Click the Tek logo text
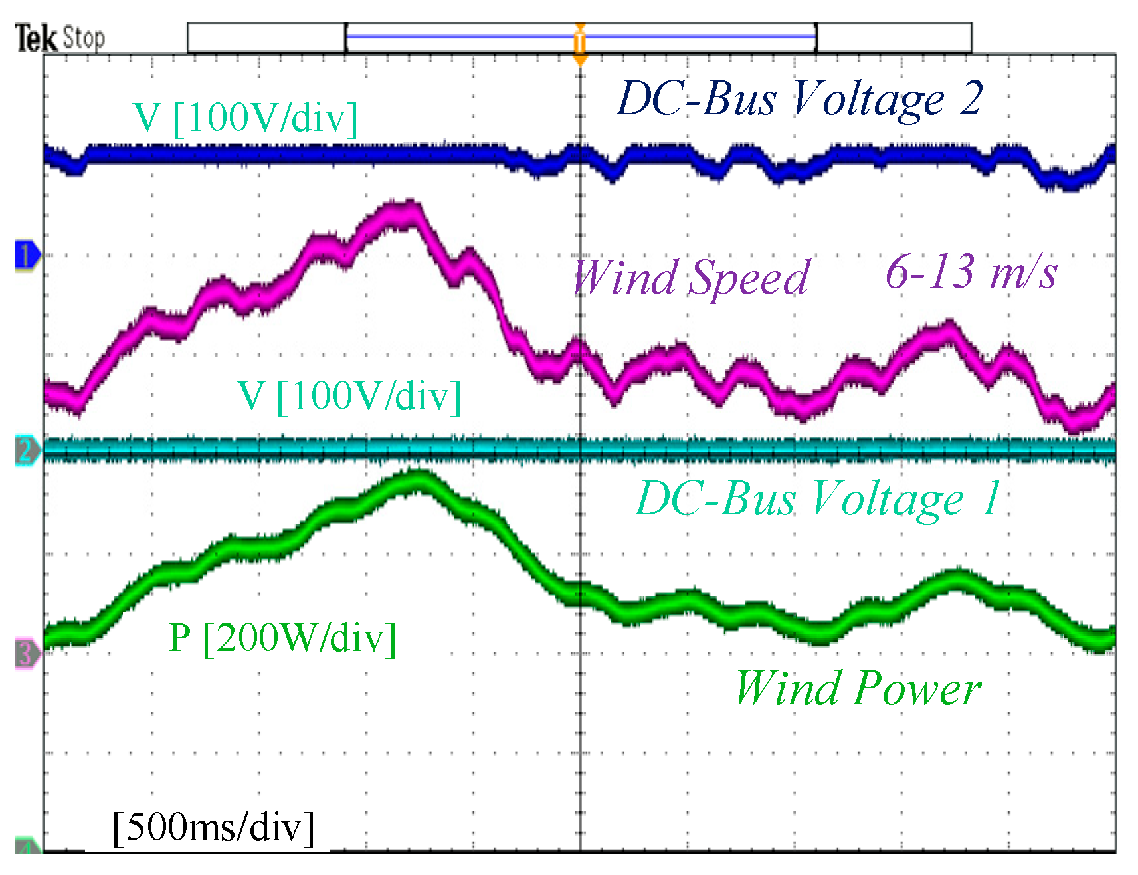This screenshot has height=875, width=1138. (x=36, y=38)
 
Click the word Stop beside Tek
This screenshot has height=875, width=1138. (x=83, y=38)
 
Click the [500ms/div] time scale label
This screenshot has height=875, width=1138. (x=213, y=828)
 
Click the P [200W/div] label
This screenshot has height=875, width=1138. (x=282, y=638)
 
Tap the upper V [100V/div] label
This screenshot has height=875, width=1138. (x=245, y=118)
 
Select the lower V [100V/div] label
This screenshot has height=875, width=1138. (x=349, y=397)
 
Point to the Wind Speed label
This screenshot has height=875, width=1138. (x=691, y=277)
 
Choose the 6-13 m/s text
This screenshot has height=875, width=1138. (x=971, y=272)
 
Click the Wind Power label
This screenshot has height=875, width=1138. (x=858, y=688)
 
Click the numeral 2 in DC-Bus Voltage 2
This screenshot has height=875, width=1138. (x=970, y=99)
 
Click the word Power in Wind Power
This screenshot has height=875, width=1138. (x=917, y=688)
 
